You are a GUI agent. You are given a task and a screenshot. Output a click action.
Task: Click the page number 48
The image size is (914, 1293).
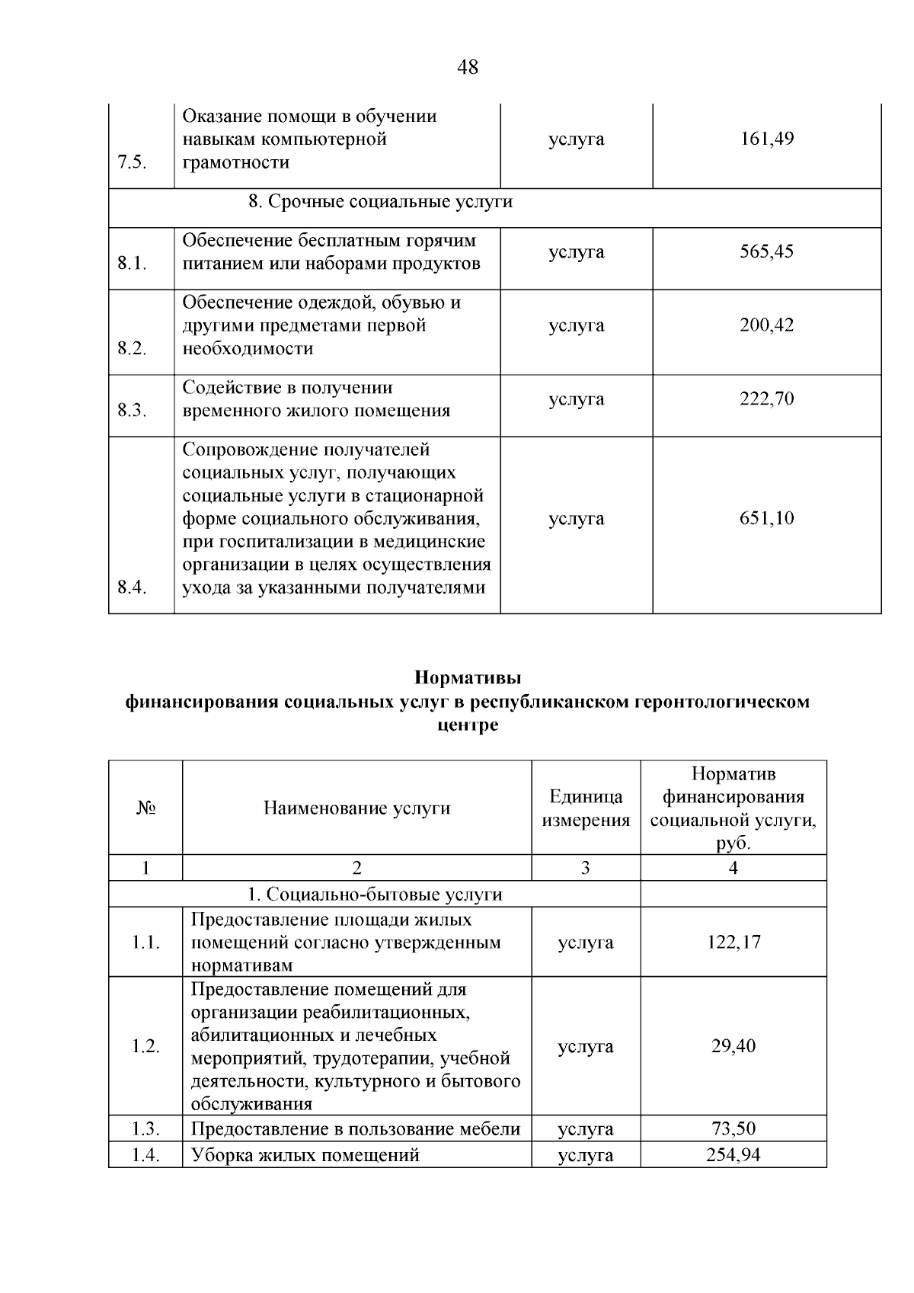(x=468, y=68)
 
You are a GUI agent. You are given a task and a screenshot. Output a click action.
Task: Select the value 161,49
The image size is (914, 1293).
(x=766, y=139)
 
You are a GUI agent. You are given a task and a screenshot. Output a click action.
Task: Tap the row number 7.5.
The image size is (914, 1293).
(x=133, y=162)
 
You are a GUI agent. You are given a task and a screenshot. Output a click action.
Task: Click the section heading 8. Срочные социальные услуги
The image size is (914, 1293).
(x=381, y=202)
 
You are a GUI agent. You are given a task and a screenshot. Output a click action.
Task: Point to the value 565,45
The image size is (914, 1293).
(x=766, y=251)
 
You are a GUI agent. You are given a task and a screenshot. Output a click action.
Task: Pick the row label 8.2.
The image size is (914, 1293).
(x=133, y=349)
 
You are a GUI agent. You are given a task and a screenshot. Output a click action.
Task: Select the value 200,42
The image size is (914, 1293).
(x=766, y=325)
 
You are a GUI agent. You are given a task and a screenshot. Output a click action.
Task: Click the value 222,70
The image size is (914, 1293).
(x=766, y=399)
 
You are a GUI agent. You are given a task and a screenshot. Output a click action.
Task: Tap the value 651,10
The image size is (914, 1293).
(x=766, y=519)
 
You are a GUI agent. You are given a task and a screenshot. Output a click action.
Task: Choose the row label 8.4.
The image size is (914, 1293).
(x=133, y=587)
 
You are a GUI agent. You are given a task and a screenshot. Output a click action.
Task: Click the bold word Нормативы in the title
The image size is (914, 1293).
(x=468, y=677)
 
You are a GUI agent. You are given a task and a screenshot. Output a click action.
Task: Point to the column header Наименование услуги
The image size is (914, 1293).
(x=356, y=808)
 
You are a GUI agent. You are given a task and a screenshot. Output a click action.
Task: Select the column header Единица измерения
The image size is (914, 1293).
(x=585, y=808)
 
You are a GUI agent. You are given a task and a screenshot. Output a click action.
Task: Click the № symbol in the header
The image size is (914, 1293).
(x=145, y=808)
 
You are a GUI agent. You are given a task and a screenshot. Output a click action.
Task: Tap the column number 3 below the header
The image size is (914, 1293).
(x=585, y=868)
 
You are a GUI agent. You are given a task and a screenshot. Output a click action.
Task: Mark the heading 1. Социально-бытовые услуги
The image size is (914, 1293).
(x=375, y=895)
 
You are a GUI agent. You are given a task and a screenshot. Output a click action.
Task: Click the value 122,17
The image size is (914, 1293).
(x=733, y=943)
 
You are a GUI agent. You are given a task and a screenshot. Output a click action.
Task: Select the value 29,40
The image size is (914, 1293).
(x=733, y=1046)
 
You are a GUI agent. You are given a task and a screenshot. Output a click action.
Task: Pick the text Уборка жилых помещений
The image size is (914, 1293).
(x=305, y=1155)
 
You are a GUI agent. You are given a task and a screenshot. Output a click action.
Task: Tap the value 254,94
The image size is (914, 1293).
(x=733, y=1155)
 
